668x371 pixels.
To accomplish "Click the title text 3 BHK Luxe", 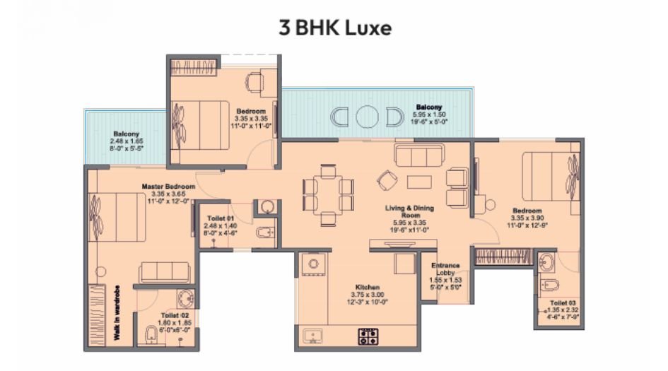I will click(334, 28).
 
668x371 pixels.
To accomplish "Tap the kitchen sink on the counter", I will click(312, 335).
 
